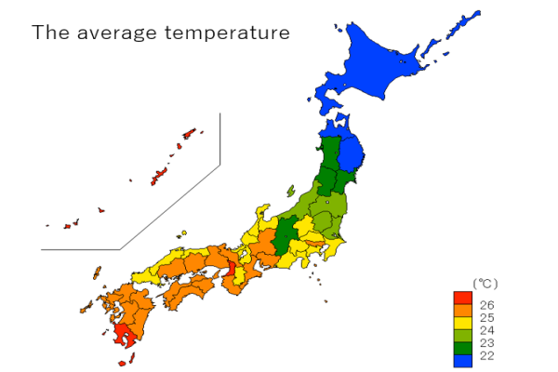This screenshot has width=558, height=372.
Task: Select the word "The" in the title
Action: coord(48,33)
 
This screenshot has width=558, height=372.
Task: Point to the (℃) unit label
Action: coord(486,283)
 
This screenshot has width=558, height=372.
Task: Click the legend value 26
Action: coord(486,304)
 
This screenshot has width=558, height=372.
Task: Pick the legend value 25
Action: coord(486,317)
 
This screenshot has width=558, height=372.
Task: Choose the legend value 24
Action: coord(486,330)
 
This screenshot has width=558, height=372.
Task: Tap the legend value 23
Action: coord(486,343)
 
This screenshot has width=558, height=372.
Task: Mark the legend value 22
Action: coord(486,355)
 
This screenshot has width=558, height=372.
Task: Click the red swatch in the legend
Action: coord(462,298)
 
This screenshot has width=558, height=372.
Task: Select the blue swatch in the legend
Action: coord(462,360)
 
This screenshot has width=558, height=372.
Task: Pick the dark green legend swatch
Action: coord(462,347)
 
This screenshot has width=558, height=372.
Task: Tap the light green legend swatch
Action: coord(462,335)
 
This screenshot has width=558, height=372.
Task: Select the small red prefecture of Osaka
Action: coord(232,271)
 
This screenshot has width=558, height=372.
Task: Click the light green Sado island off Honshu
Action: coord(290,189)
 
